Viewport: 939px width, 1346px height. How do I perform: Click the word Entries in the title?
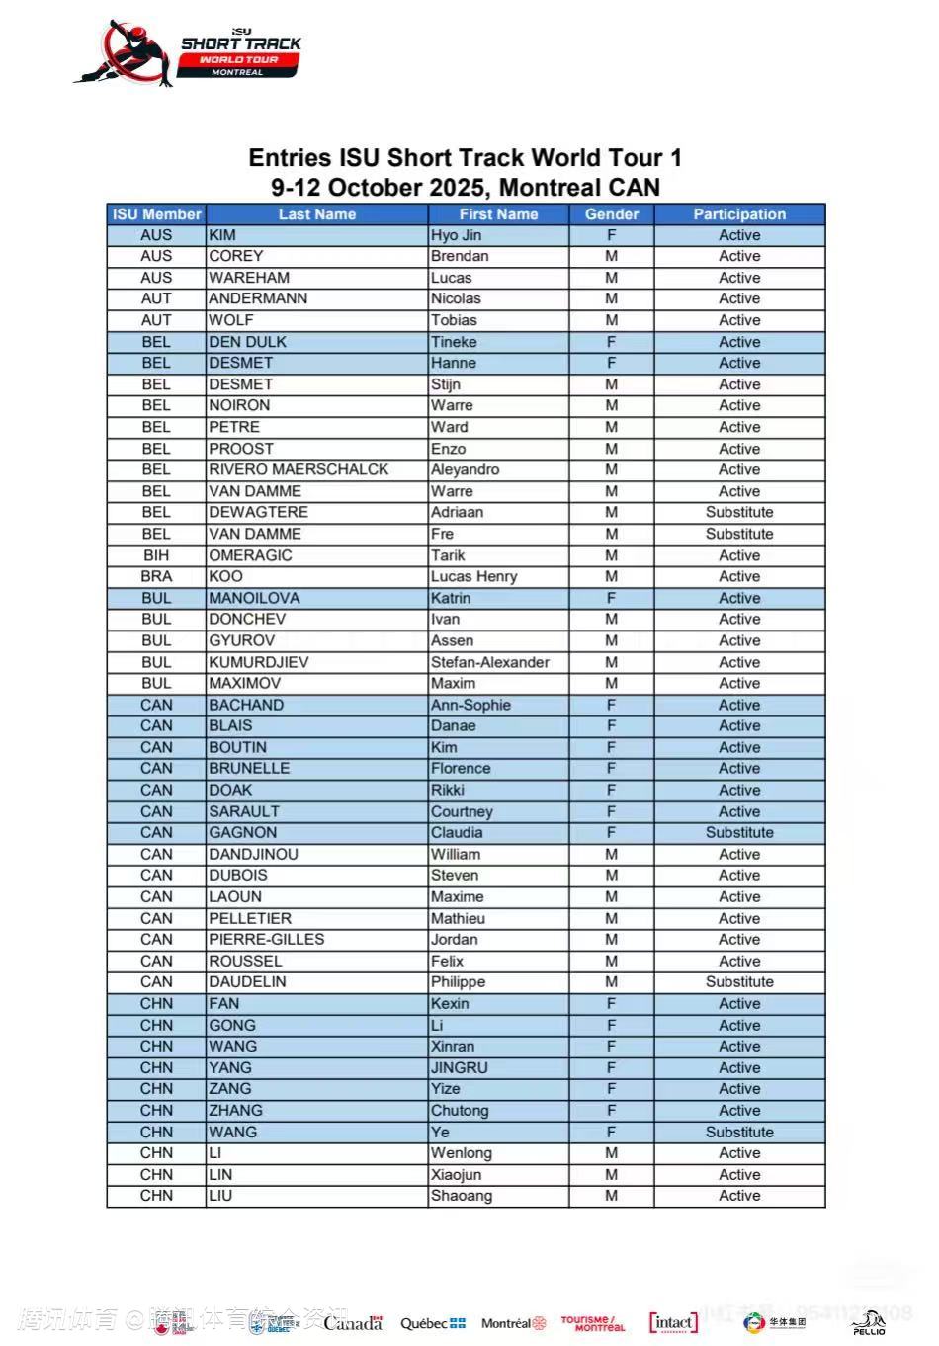coord(290,158)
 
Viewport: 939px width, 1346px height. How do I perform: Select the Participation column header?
coord(738,214)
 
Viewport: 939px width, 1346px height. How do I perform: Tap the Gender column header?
coord(611,214)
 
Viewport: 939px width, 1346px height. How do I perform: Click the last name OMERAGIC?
coord(250,555)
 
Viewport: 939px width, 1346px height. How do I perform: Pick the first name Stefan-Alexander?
coord(489,662)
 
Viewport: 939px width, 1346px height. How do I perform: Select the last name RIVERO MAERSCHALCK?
coord(299,469)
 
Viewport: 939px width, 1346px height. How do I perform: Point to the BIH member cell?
coord(156,555)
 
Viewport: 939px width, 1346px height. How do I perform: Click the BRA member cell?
coord(156,576)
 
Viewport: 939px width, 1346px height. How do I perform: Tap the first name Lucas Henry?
coord(473,576)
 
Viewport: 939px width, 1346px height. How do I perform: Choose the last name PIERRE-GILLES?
coord(266,939)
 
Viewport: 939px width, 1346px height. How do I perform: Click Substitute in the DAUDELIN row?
coord(738,982)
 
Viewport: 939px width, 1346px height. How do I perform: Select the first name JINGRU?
coord(459,1067)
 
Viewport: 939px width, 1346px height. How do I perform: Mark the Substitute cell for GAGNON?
coord(738,832)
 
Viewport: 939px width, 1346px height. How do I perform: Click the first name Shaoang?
coord(461,1196)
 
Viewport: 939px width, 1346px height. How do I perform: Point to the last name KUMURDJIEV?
coord(258,662)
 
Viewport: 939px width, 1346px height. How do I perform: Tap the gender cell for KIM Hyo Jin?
coord(611,235)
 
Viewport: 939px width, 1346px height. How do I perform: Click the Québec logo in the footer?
coord(432,1323)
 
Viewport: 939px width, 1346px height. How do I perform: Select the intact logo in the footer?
coord(673,1322)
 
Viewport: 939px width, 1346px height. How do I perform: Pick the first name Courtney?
coord(461,811)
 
